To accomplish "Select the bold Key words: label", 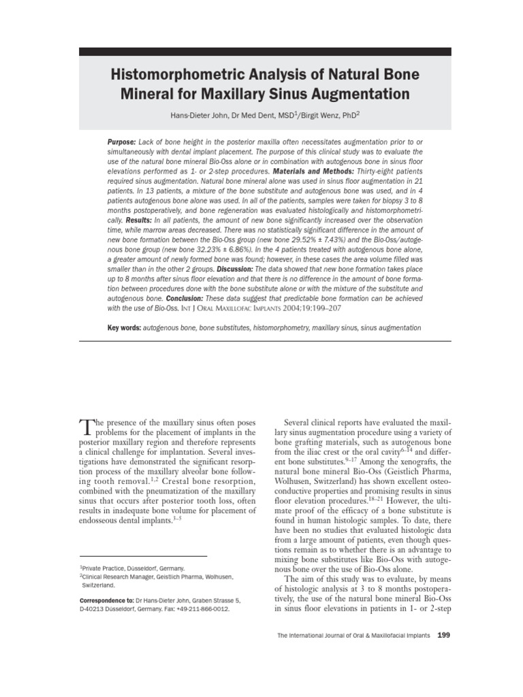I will pos(123,328).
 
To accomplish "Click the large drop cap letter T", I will pos(86,427).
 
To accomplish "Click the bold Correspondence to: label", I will pos(106,600).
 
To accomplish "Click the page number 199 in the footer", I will pos(443,635).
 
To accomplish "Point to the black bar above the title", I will pos(265,52).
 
